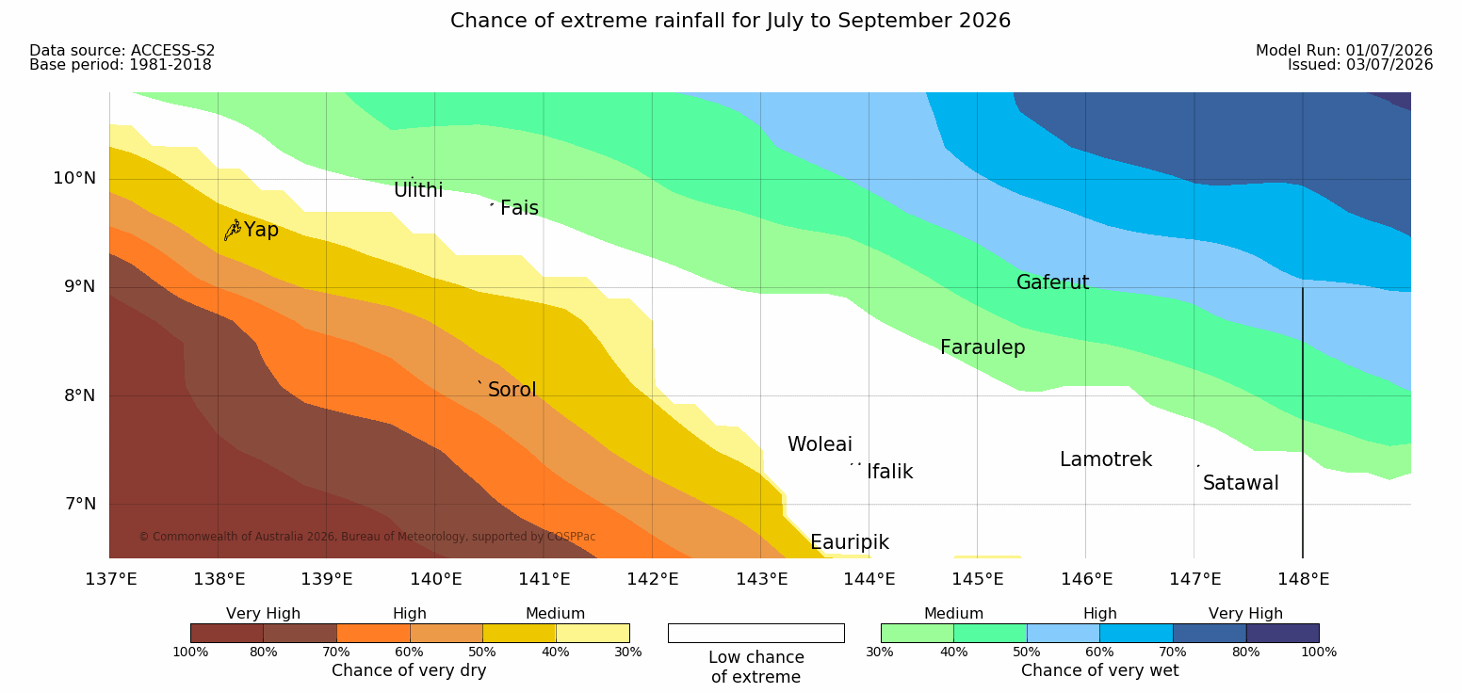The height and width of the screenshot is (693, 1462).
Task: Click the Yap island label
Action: pyautogui.click(x=261, y=230)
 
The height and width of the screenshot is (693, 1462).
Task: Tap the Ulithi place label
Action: pyautogui.click(x=418, y=190)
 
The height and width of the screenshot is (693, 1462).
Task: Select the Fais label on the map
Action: pyautogui.click(x=520, y=208)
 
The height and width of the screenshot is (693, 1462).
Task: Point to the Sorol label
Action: pyautogui.click(x=512, y=390)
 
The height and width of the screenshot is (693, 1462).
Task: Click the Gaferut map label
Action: pyautogui.click(x=1053, y=282)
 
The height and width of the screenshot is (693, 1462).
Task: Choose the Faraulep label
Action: pyautogui.click(x=983, y=347)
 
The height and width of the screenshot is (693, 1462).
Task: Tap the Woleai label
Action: pyautogui.click(x=820, y=444)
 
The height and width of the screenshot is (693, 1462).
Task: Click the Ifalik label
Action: pyautogui.click(x=889, y=472)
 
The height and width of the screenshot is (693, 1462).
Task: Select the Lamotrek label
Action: pyautogui.click(x=1106, y=459)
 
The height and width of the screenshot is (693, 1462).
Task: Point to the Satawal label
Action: pyautogui.click(x=1241, y=483)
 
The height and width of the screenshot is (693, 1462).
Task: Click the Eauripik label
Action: pyautogui.click(x=850, y=542)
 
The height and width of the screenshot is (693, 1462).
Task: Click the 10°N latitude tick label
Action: pyautogui.click(x=74, y=178)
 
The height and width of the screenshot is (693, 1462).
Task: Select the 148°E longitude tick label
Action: pyautogui.click(x=1304, y=579)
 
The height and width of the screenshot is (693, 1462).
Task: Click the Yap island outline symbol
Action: pyautogui.click(x=233, y=231)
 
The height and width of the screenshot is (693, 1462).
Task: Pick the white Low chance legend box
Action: pyautogui.click(x=756, y=633)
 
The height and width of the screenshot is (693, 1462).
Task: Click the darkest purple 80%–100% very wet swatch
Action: pyautogui.click(x=1282, y=633)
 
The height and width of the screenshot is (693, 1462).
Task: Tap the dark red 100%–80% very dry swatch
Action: pyautogui.click(x=227, y=633)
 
